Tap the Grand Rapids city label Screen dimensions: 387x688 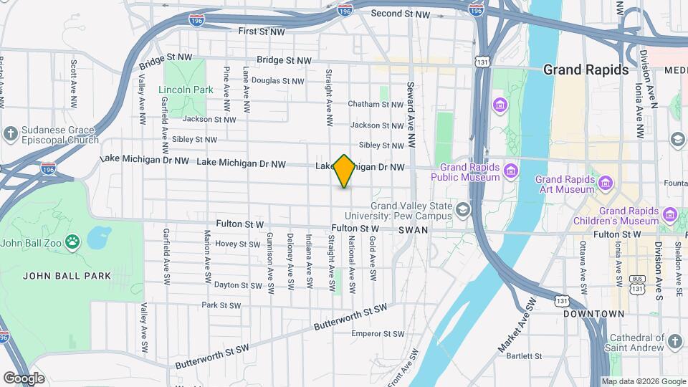point(586,70)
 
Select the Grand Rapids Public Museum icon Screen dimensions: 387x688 point(510,171)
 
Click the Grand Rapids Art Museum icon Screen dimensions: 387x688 point(606,183)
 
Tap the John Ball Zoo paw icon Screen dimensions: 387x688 point(72,242)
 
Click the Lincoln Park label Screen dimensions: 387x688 point(186,90)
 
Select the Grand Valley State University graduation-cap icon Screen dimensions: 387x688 point(463,209)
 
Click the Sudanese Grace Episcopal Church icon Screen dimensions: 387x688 point(10,133)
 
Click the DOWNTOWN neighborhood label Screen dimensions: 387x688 point(594,314)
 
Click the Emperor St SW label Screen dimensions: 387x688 point(379,333)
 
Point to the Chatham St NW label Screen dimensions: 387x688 point(376,104)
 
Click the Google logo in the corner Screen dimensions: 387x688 point(24,378)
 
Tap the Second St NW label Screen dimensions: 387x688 point(401,14)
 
